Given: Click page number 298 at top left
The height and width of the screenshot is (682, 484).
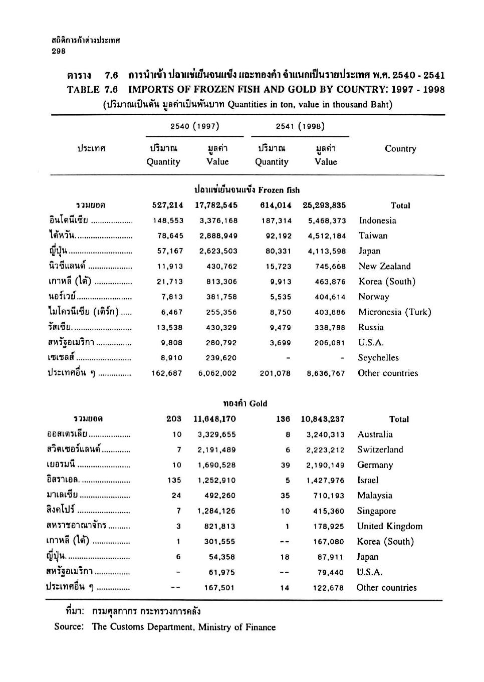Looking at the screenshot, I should coord(59,51).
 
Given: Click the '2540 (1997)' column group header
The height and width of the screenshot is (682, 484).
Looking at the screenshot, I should coord(194,126).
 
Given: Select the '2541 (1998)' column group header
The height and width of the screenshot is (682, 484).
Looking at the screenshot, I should coord(300,126).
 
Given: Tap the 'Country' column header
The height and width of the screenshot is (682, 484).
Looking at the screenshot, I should coord(400,149).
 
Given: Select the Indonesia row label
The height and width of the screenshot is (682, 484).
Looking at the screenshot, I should coord(377,220).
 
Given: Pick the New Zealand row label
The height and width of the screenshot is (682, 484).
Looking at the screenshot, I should coord(384,266).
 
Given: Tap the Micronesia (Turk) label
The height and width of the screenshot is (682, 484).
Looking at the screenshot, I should coord(394,312).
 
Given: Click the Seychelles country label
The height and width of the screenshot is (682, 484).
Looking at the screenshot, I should coord(378,358).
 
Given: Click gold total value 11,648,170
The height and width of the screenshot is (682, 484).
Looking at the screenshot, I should coord(214,419).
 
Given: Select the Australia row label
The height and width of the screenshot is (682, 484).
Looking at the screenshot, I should coord(375,434).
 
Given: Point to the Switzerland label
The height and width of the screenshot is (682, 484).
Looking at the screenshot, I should coord(380,449).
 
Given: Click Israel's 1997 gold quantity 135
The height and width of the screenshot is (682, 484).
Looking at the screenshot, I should coord(174,481).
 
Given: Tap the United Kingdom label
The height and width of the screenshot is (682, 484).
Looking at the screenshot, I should coord(389,526).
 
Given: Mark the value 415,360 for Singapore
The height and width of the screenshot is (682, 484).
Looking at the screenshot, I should coord(326,511).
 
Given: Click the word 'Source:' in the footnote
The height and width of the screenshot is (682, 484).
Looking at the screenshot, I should coord(69,627).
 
